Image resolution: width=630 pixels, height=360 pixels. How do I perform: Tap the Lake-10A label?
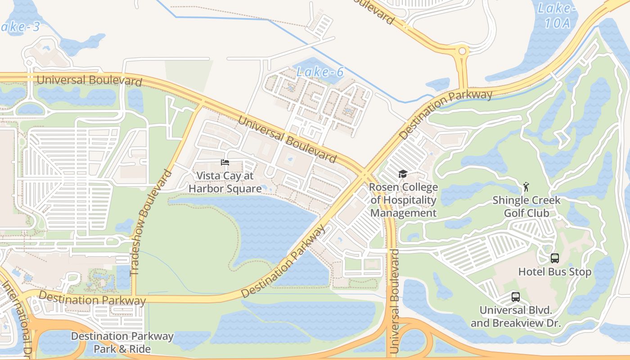(557, 15)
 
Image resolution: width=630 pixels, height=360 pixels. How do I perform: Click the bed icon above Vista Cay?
(225, 162)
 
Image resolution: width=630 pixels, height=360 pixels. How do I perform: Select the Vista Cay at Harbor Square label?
(225, 182)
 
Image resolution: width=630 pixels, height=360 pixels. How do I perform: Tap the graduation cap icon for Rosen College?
(403, 174)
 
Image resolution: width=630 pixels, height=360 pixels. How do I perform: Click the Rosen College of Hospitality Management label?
(403, 200)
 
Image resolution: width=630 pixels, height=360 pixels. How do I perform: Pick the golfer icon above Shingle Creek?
(526, 186)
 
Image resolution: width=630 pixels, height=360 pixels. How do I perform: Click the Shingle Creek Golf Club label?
(526, 206)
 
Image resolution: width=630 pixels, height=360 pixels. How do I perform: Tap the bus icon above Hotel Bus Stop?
(555, 258)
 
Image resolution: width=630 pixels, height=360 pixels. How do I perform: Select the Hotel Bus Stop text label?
(554, 272)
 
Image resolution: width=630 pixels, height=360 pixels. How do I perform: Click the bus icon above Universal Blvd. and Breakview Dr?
(516, 297)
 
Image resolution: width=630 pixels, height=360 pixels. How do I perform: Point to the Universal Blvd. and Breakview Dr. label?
(516, 316)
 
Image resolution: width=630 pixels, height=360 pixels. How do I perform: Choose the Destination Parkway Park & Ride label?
(122, 342)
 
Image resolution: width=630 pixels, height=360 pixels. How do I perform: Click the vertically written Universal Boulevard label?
(395, 301)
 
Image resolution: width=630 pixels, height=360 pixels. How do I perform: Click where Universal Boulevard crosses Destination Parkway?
(365, 174)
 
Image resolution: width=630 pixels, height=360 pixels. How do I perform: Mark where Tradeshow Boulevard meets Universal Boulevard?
(199, 105)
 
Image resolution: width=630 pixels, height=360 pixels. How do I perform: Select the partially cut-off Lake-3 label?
(20, 27)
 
